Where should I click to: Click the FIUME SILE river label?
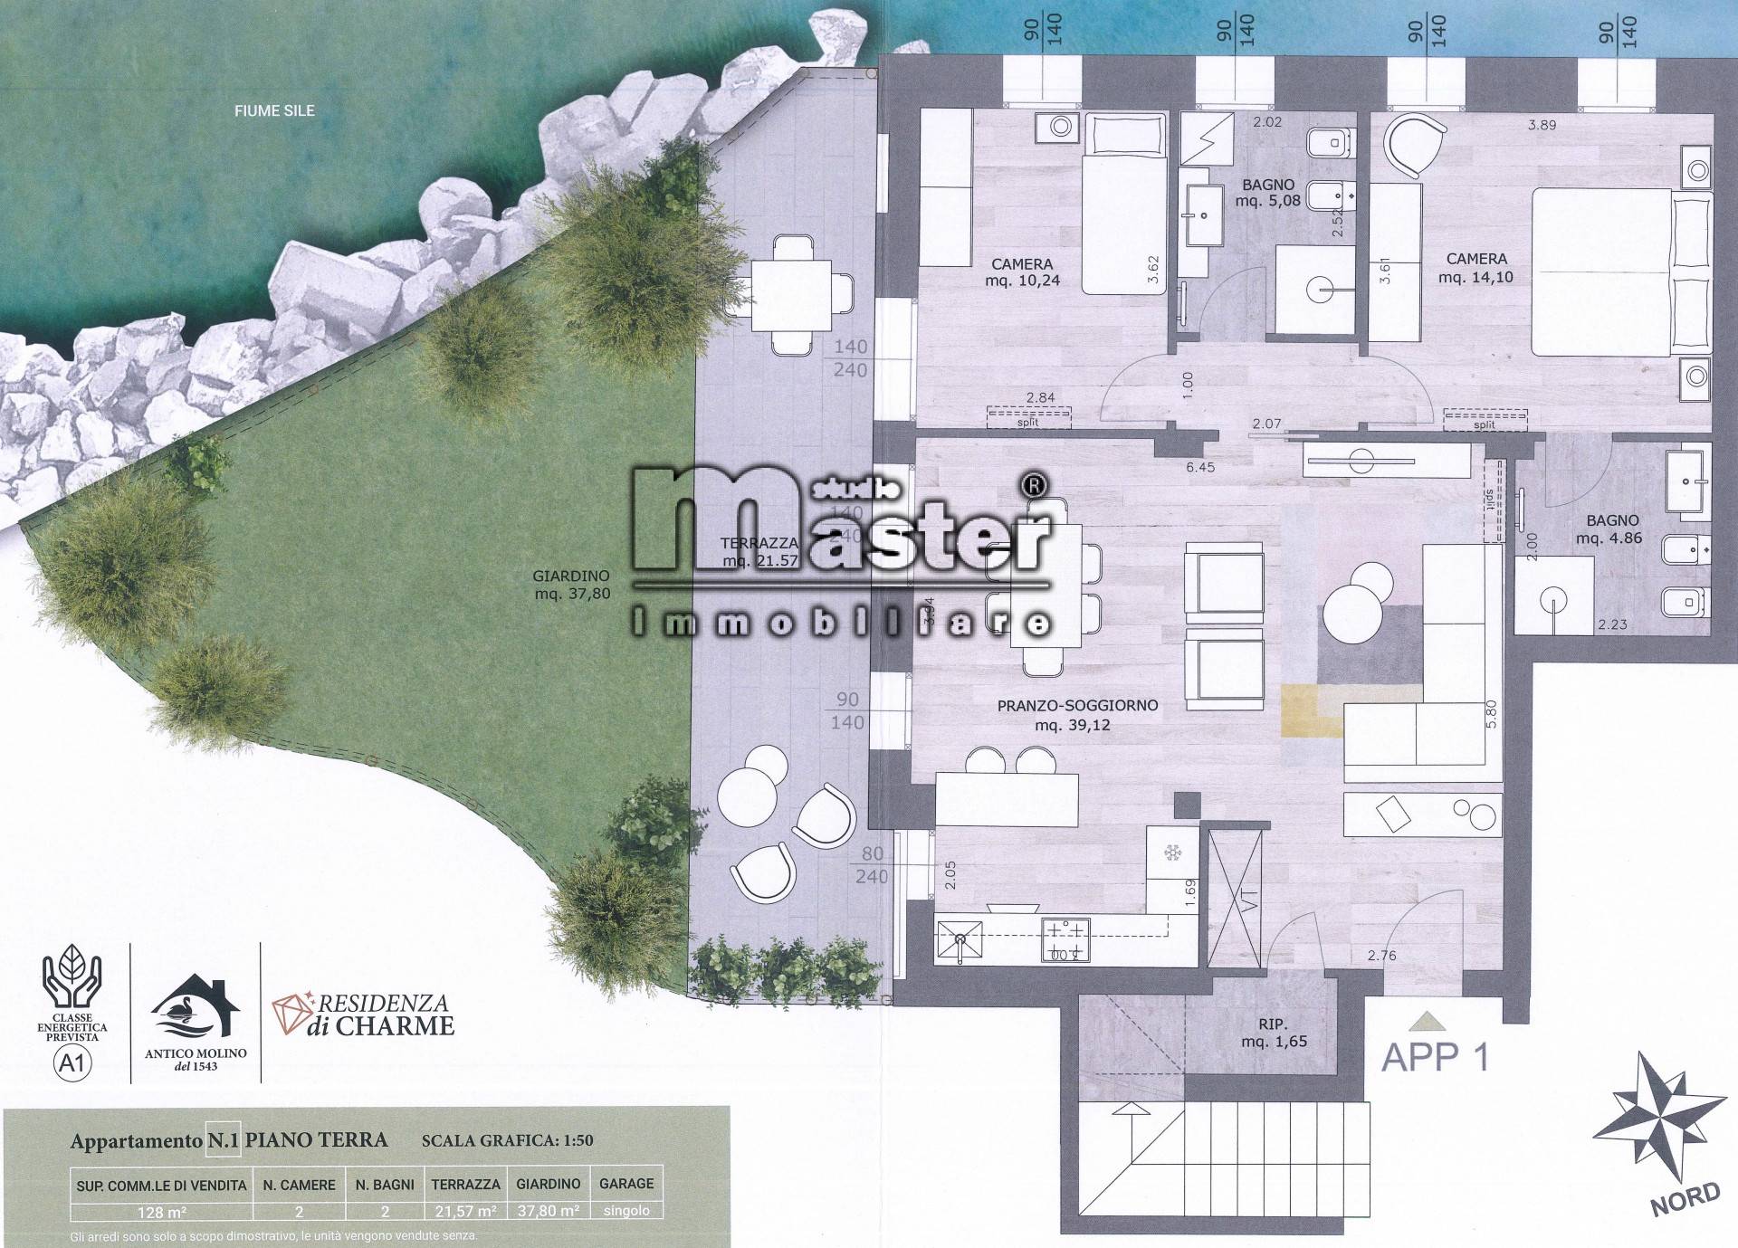[274, 111]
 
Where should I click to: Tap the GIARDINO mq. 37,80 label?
[571, 585]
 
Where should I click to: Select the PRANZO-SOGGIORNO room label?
[1077, 715]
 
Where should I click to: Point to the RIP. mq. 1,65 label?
[1274, 1033]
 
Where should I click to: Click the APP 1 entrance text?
[1435, 1057]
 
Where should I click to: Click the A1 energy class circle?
[72, 1062]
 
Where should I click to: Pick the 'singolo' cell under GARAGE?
[626, 1211]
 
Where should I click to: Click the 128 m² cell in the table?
[161, 1212]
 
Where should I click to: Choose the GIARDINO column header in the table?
[548, 1184]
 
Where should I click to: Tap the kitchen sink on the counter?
[959, 939]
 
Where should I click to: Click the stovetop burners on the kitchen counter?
[1066, 939]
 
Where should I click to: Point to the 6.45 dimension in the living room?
[1200, 468]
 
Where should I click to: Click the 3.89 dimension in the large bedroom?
[1542, 126]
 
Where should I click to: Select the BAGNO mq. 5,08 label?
[1267, 193]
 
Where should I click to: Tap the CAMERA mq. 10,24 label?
[1022, 272]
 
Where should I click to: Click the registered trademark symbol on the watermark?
[1035, 487]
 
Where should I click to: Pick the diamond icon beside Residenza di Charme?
[290, 1014]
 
